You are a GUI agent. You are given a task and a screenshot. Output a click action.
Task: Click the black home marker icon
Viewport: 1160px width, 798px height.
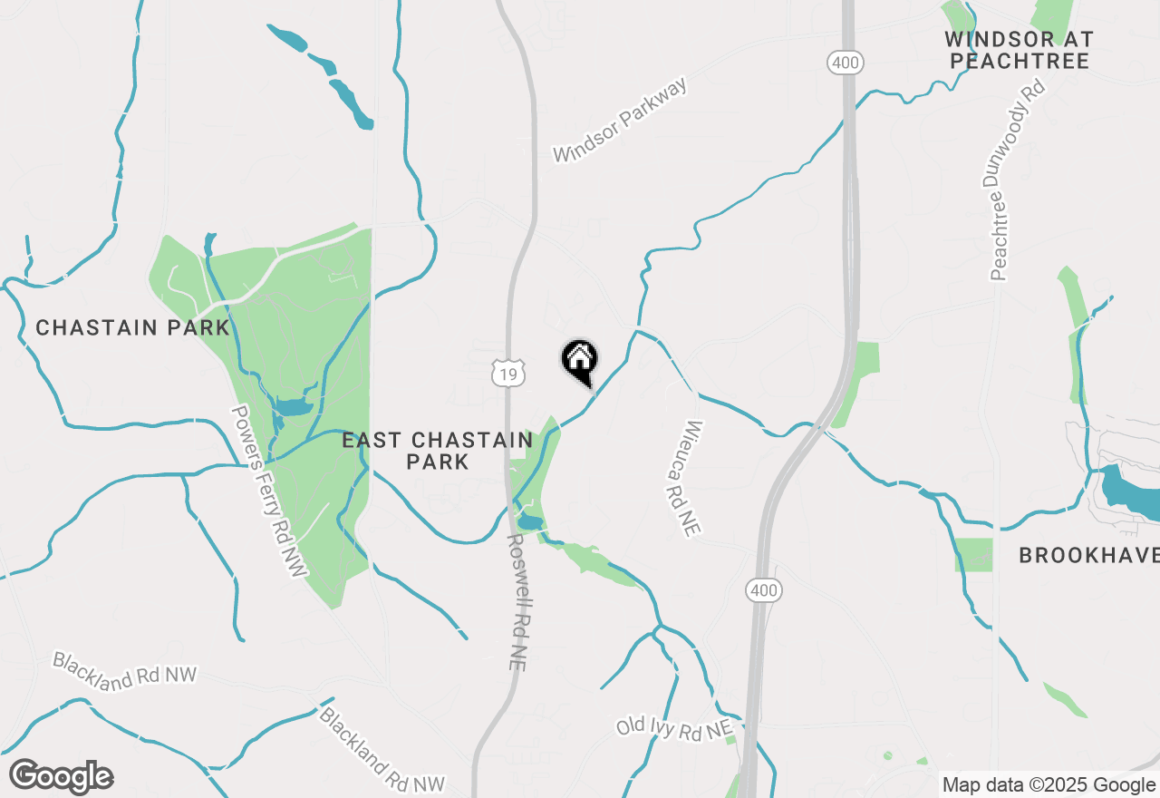tap(580, 361)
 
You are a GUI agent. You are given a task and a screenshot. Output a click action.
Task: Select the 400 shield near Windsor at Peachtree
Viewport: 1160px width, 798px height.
tap(845, 63)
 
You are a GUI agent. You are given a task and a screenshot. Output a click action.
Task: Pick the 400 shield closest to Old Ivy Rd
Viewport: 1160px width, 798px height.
tap(764, 591)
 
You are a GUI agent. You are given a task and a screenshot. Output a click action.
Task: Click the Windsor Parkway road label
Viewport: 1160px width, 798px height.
tap(621, 121)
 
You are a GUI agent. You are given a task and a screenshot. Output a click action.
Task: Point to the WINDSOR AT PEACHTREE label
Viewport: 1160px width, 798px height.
tap(1019, 51)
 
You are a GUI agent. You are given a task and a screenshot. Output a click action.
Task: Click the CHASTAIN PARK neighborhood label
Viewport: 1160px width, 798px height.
tap(132, 327)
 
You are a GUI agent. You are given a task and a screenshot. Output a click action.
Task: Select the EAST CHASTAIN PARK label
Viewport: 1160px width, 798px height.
tap(438, 451)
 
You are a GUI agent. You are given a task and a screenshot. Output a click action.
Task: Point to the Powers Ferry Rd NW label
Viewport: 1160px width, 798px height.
tap(269, 491)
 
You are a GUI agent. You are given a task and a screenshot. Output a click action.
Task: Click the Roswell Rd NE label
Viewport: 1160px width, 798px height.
tap(516, 600)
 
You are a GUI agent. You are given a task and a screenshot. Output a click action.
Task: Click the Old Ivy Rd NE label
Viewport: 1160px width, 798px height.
tap(673, 728)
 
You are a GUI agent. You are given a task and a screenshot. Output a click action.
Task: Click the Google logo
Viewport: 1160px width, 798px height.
tap(61, 777)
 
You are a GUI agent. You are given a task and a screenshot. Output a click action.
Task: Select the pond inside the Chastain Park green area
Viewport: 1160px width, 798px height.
tap(293, 406)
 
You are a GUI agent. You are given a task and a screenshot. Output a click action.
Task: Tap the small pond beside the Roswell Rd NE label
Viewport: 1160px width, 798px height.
tap(529, 522)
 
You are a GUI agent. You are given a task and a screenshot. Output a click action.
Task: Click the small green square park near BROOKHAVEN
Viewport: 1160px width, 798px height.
tap(973, 555)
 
